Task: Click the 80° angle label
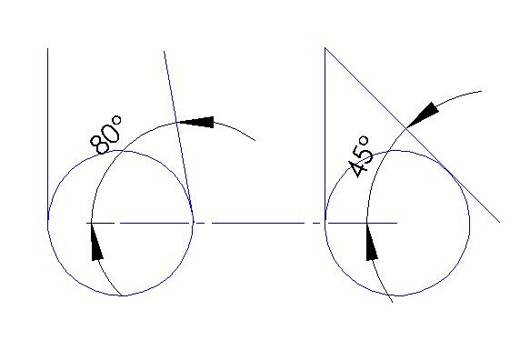pyautogui.click(x=105, y=135)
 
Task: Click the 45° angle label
pyautogui.click(x=359, y=156)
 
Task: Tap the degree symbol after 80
pyautogui.click(x=116, y=120)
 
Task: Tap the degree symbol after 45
pyautogui.click(x=364, y=141)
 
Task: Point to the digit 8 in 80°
pyautogui.click(x=99, y=145)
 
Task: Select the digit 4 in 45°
pyautogui.click(x=356, y=168)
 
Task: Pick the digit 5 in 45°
pyautogui.click(x=365, y=155)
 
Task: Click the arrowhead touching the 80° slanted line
pyautogui.click(x=195, y=122)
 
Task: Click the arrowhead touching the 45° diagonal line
pyautogui.click(x=423, y=115)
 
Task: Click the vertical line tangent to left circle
pyautogui.click(x=47, y=135)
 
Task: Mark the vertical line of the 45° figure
pyautogui.click(x=325, y=135)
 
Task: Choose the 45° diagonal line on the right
pyautogui.click(x=413, y=135)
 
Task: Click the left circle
pyautogui.click(x=120, y=150)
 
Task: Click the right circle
pyautogui.click(x=397, y=150)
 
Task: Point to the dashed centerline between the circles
pyautogui.click(x=242, y=223)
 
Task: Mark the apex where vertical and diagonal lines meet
pyautogui.click(x=325, y=48)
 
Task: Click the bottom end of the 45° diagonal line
pyautogui.click(x=500, y=223)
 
